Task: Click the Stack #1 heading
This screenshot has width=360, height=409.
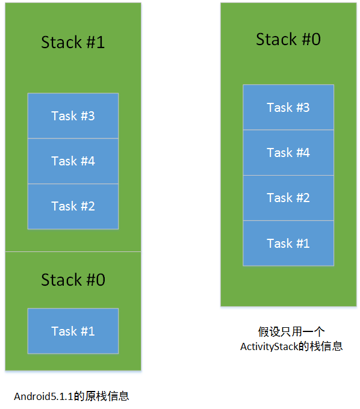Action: [x=73, y=42]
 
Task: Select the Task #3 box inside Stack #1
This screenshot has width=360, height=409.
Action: [x=73, y=115]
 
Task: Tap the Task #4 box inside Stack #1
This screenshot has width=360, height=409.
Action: [x=73, y=161]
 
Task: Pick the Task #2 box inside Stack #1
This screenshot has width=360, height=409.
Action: [x=73, y=206]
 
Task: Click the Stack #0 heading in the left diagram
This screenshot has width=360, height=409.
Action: [x=73, y=280]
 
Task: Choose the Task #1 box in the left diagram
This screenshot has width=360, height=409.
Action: [x=73, y=331]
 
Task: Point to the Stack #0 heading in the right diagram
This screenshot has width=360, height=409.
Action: [x=288, y=39]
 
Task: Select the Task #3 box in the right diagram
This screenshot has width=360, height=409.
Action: [x=288, y=107]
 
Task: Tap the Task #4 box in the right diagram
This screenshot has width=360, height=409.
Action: [x=288, y=152]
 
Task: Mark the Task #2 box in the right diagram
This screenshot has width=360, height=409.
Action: [x=288, y=197]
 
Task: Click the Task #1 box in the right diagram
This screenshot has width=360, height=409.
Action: [x=288, y=243]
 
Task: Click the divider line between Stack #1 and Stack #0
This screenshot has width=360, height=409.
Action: [x=73, y=251]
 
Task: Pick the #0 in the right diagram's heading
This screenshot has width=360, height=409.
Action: [x=310, y=39]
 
